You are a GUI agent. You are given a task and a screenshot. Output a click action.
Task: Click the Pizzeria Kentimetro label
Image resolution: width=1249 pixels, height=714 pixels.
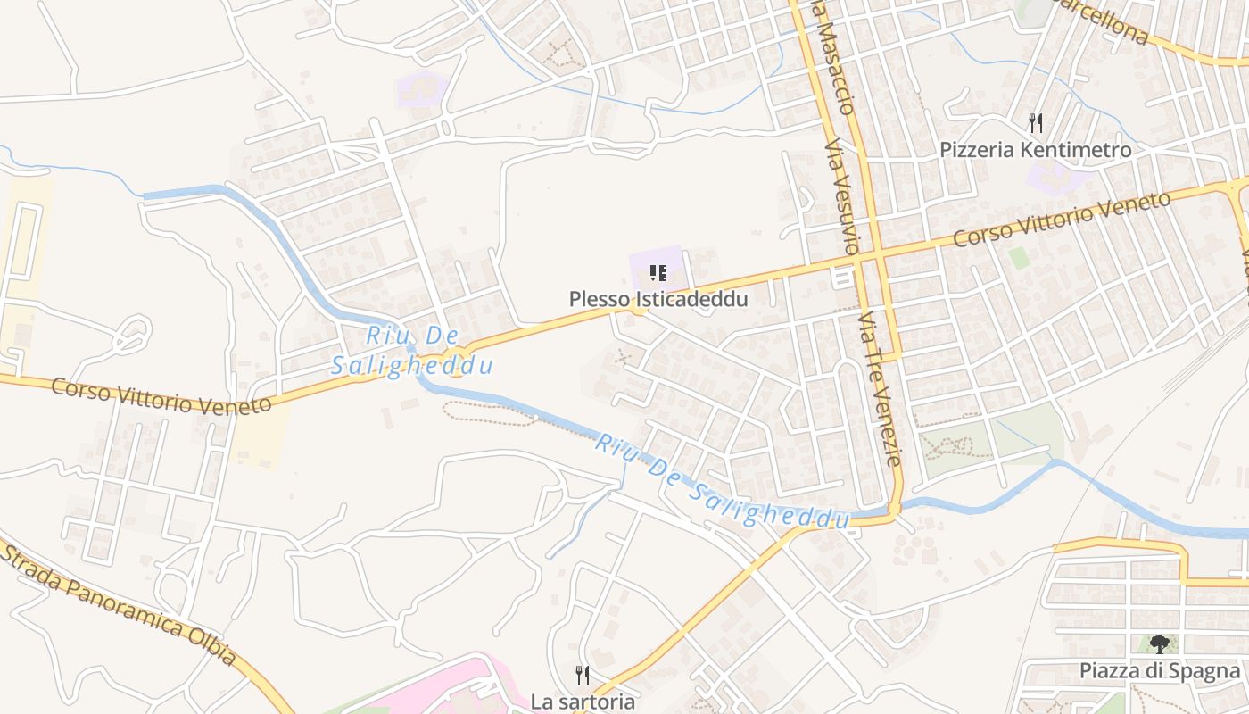1035,150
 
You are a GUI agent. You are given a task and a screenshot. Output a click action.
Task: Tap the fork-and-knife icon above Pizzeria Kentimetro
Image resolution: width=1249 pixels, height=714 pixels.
1035,122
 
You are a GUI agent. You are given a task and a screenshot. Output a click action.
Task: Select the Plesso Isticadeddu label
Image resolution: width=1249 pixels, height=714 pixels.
658,299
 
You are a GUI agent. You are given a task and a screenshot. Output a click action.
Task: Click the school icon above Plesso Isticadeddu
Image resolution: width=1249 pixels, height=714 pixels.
658,273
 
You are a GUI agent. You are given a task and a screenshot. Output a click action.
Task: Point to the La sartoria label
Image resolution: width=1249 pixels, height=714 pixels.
583,702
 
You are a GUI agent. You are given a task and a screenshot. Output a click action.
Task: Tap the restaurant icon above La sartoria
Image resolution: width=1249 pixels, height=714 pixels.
583,675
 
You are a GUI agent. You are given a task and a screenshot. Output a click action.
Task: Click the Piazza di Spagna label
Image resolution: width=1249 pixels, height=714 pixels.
1160,671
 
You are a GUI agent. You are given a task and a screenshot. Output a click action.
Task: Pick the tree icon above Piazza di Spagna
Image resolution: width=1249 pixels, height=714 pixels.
1160,643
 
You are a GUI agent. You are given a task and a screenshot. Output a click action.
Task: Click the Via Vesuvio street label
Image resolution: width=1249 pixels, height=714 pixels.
840,197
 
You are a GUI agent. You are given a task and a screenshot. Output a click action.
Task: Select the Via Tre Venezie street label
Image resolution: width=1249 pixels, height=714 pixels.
879,388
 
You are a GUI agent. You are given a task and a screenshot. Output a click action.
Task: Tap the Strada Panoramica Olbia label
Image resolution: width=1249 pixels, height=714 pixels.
120,603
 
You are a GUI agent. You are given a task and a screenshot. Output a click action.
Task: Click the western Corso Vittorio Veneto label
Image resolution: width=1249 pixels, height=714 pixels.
161,396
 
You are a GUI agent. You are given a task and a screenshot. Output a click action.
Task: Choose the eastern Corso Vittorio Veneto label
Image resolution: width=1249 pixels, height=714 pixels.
1062,220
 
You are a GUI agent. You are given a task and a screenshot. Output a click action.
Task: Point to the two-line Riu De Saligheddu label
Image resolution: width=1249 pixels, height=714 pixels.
412,352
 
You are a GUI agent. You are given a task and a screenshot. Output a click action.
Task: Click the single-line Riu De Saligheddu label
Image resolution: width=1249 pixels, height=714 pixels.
723,482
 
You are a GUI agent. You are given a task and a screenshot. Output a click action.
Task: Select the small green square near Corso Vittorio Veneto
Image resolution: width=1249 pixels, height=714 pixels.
1018,258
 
